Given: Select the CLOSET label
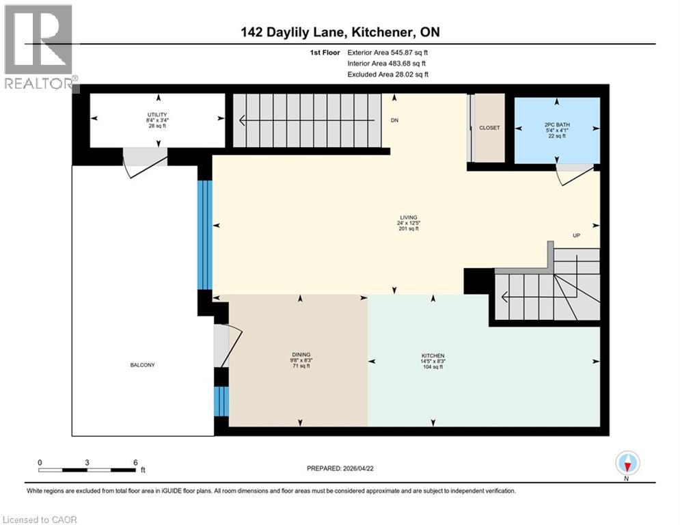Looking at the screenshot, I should coord(489,128).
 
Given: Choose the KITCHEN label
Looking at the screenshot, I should coord(433,356).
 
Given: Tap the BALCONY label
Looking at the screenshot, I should coord(143,365).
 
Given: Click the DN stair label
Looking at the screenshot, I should coord(394,121).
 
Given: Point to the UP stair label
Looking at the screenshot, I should coord(577,235).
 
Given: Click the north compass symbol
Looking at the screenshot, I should coord(627,463).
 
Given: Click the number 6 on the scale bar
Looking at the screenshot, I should coord(135,462).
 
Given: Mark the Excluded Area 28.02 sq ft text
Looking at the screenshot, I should coord(388,75).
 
